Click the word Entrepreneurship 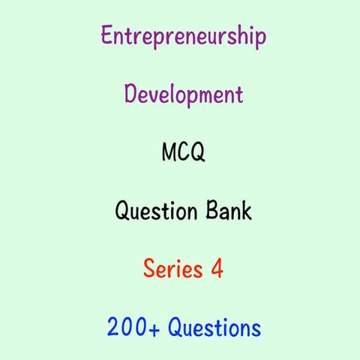click(183, 37)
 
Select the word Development click(183, 95)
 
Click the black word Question click(153, 211)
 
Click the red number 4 click(217, 268)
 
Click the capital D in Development click(130, 94)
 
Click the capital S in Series click(148, 268)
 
